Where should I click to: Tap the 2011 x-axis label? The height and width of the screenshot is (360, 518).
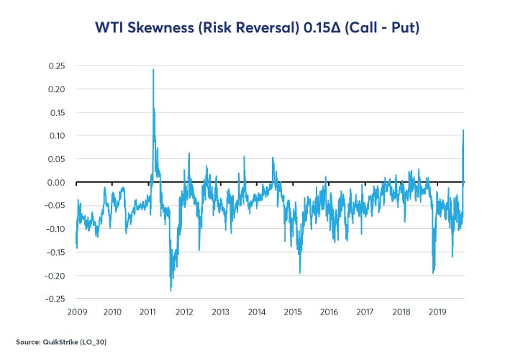tap(148, 312)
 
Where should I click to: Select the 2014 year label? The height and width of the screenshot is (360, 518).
tap(256, 312)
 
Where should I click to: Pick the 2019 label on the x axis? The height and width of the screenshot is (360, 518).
tap(437, 312)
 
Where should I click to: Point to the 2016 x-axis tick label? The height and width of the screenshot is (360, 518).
tap(328, 312)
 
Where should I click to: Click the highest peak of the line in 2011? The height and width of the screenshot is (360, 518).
tap(153, 70)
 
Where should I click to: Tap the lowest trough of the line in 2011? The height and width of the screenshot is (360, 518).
tap(171, 290)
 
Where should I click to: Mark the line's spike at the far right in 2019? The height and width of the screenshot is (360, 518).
tap(463, 130)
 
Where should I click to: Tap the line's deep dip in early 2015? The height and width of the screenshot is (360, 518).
tap(300, 272)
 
